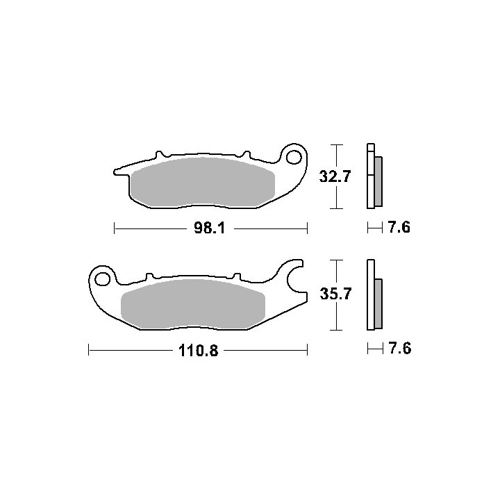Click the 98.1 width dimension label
point(210,228)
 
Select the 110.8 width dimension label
point(199,351)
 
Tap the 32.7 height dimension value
point(335,176)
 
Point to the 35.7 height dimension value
point(335,294)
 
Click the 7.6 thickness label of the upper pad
point(399,228)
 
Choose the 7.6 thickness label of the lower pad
point(399,348)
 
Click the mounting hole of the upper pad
point(294,157)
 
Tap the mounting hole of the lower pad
point(102,279)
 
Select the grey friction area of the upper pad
point(203,182)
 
